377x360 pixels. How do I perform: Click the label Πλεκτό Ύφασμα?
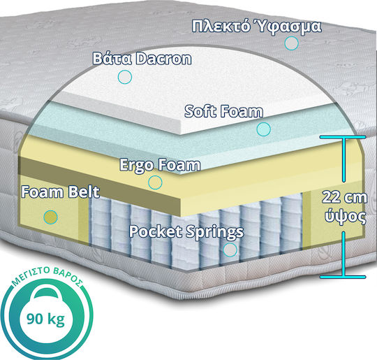tap(256, 26)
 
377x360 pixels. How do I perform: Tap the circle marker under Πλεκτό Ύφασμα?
tap(291, 43)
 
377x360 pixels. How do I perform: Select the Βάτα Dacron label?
tap(142, 59)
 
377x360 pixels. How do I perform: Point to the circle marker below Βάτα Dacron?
tap(125, 77)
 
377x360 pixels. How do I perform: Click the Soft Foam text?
tap(223, 111)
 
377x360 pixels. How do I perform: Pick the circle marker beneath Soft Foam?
tap(263, 129)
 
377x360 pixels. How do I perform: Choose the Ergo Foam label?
tap(160, 165)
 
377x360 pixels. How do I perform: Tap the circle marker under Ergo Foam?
tap(155, 182)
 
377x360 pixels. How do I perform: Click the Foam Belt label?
tap(60, 192)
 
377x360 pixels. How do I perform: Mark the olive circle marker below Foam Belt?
tap(51, 217)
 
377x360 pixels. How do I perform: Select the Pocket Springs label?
tap(186, 232)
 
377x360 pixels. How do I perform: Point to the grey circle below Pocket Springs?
tap(230, 250)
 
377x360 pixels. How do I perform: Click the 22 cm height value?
tap(345, 197)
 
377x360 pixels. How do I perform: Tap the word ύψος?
tap(346, 216)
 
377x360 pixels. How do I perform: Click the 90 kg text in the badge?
tap(45, 319)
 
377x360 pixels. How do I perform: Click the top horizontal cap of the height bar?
tap(343, 137)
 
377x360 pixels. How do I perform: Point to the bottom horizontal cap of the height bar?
tap(343, 277)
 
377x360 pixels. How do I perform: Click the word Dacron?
tap(163, 59)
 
